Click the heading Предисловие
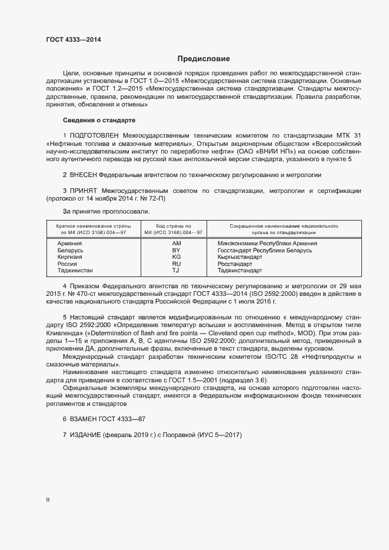click(204, 59)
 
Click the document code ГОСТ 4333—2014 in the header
click(73, 39)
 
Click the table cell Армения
click(69, 243)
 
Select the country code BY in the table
click(176, 250)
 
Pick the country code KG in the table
click(176, 257)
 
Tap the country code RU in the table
click(176, 264)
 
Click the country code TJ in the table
click(175, 271)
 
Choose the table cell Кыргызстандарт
click(241, 257)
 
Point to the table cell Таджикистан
click(75, 271)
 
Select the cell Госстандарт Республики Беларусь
click(264, 250)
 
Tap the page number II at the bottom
click(48, 499)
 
